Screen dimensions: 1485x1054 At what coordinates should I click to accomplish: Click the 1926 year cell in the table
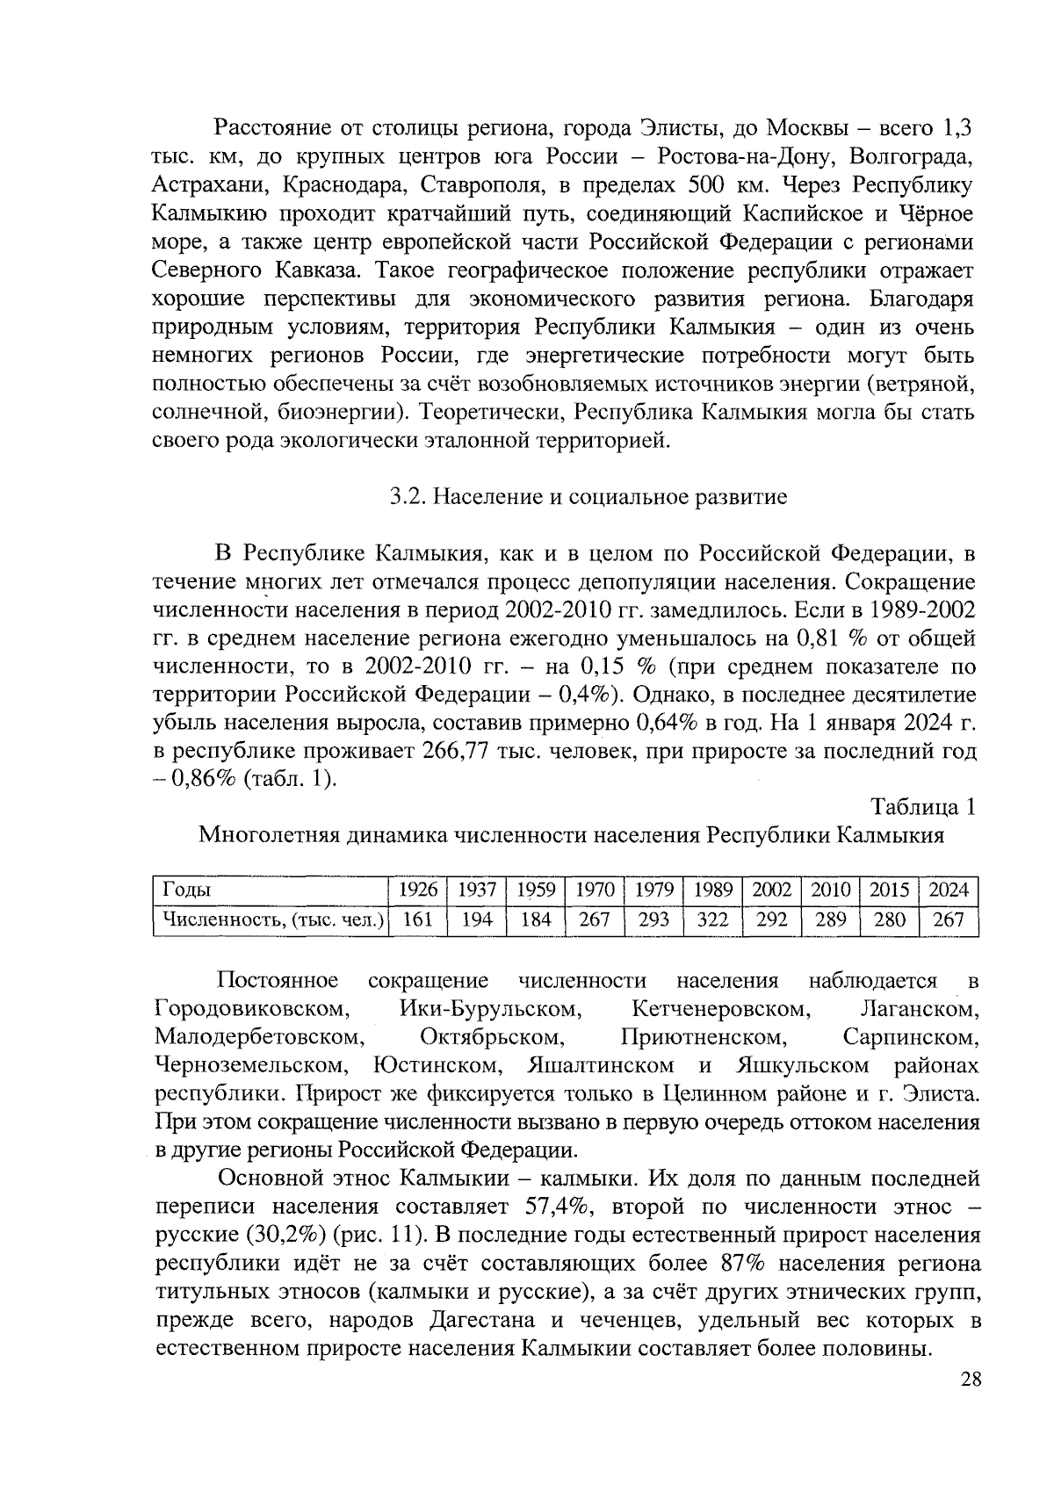(417, 890)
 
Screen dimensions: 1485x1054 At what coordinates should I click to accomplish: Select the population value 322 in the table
(712, 919)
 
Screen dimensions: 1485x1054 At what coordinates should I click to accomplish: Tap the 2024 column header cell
(948, 890)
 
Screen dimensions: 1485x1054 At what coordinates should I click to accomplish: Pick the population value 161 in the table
(417, 919)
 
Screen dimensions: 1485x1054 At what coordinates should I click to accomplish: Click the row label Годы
(186, 890)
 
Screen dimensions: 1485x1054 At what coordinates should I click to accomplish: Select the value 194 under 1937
(477, 919)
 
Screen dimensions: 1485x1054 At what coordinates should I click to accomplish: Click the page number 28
(970, 1380)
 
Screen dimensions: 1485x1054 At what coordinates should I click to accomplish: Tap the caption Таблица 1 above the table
(921, 806)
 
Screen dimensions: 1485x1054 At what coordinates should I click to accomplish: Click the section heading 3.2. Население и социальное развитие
(588, 497)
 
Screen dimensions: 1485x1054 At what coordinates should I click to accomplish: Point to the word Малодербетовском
(259, 1037)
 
